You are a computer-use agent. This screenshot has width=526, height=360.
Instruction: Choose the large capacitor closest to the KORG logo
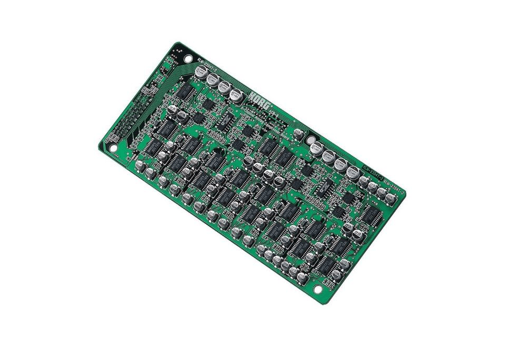[236, 96]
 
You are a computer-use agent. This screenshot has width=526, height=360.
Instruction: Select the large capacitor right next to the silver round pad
[317, 149]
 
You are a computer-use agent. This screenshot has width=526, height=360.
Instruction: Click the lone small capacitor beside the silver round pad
[298, 133]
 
